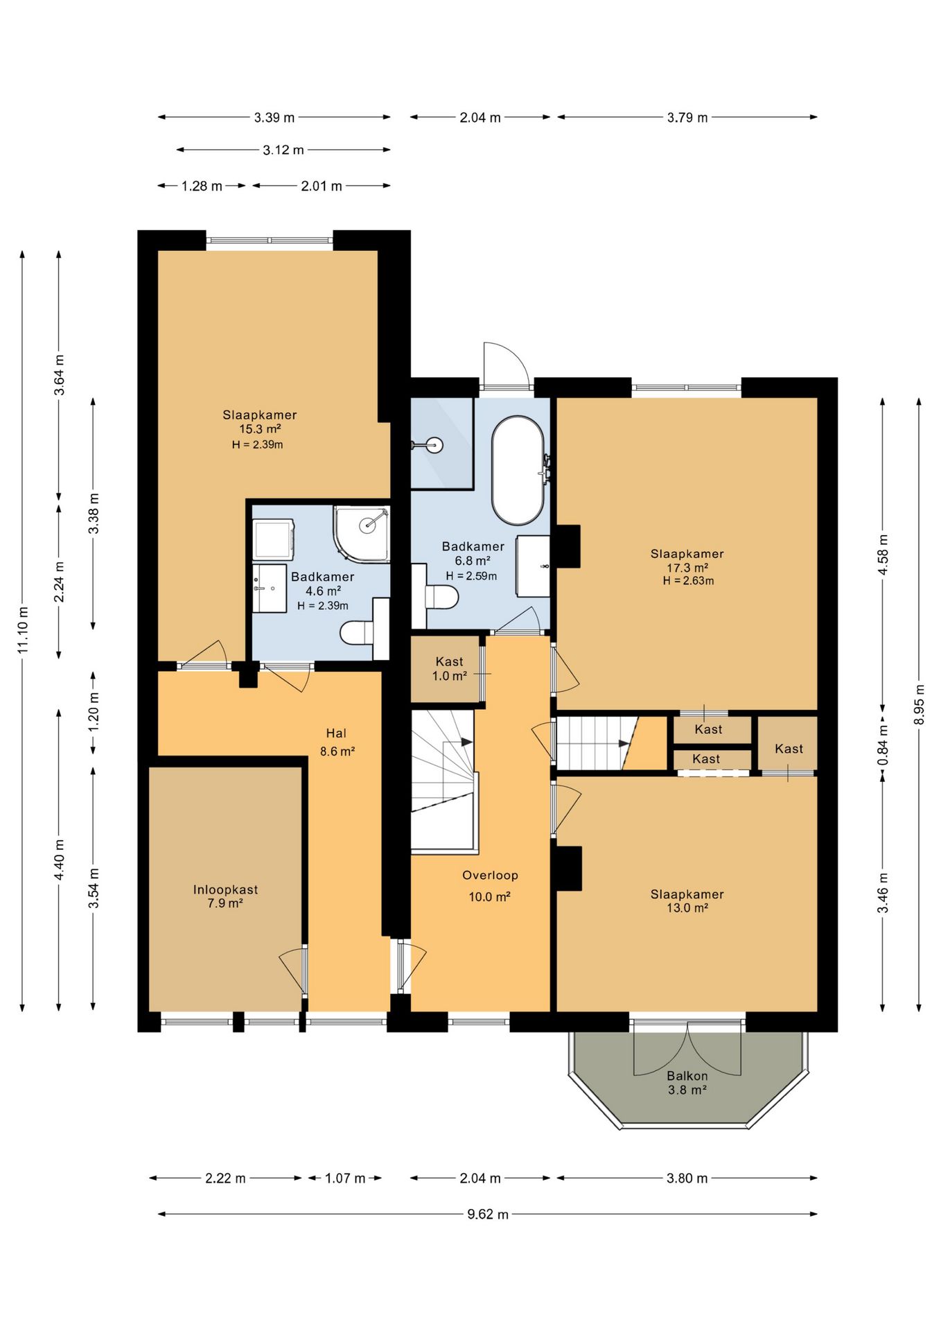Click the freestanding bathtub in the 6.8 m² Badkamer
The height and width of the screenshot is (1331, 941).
[x=518, y=470]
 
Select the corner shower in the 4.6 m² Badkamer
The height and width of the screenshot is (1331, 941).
[x=362, y=534]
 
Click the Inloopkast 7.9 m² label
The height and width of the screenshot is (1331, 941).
[x=225, y=896]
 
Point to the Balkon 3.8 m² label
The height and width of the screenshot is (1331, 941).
[x=687, y=1083]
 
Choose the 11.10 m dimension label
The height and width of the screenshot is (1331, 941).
[x=23, y=629]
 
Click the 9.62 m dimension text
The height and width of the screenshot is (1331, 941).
[x=488, y=1214]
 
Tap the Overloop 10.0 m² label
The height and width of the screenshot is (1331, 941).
[x=490, y=886]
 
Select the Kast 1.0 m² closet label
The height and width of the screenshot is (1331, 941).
[x=450, y=669]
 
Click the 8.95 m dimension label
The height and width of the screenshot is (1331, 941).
[x=920, y=704]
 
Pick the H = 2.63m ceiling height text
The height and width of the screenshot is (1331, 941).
[x=688, y=581]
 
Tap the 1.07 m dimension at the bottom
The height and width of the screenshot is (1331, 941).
[x=345, y=1178]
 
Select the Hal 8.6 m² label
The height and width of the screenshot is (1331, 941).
[x=337, y=742]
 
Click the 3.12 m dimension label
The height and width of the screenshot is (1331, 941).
[x=283, y=150]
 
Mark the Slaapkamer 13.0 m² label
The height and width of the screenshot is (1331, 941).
[x=687, y=901]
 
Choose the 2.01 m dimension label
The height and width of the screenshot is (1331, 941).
[x=322, y=186]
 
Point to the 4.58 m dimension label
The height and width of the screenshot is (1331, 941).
[x=883, y=555]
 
